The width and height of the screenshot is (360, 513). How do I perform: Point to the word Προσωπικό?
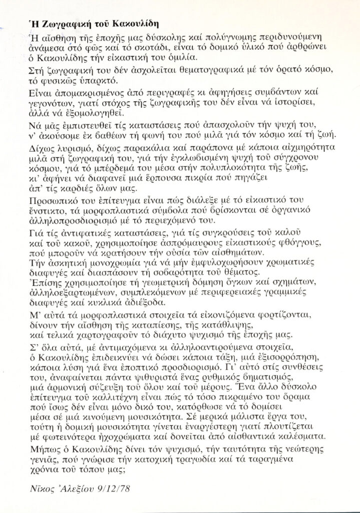pos(49,200)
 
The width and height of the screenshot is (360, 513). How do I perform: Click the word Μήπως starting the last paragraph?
pos(39,448)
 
